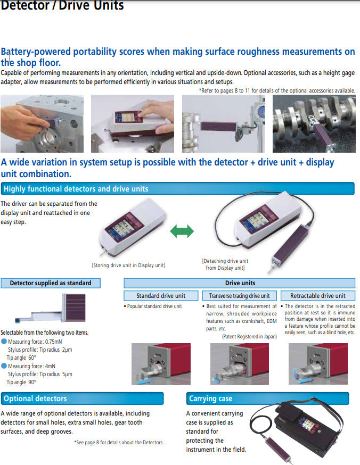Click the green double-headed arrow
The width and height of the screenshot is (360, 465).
point(182,231)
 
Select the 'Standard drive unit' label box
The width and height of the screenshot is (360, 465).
point(161,296)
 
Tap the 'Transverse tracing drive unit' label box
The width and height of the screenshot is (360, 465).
point(240,296)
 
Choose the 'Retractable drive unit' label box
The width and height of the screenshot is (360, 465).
point(318,296)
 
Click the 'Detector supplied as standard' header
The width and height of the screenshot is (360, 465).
point(51,283)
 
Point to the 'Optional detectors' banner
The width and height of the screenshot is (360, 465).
point(82,398)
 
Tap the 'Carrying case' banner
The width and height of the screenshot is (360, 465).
point(268,398)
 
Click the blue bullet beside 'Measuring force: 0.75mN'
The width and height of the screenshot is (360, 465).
point(4,342)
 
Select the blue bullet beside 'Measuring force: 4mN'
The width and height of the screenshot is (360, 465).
point(4,366)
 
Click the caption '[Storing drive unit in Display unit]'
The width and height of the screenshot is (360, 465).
point(128,265)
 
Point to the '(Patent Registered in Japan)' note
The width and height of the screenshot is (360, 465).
point(249,337)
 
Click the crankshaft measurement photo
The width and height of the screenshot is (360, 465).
point(314,123)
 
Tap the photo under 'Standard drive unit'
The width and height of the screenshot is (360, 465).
point(161,364)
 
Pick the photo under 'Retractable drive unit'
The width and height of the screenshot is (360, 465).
point(318,364)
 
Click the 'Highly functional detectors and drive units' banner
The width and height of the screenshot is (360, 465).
point(178,189)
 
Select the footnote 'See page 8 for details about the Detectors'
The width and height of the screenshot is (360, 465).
point(119,443)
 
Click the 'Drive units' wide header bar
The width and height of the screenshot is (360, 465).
point(240,283)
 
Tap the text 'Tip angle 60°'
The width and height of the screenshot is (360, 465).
point(21,358)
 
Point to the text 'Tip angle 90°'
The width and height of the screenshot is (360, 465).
point(21,382)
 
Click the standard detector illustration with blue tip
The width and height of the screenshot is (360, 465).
point(50,309)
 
